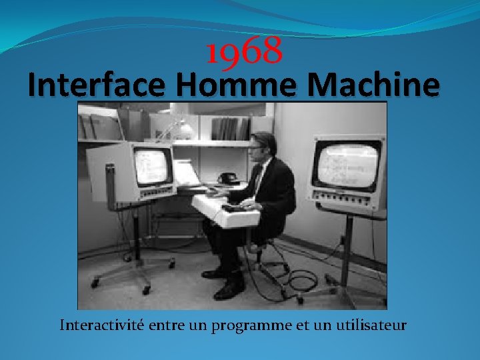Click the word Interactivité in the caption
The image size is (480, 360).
(99, 325)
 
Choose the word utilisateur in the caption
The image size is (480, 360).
(371, 325)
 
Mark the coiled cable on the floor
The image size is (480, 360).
(299, 280)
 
